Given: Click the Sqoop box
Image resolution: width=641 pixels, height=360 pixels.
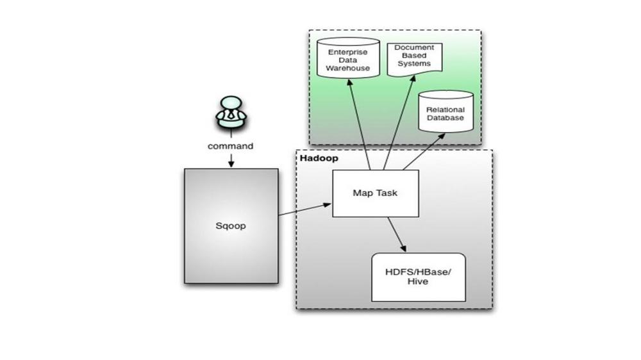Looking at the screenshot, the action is (231, 226).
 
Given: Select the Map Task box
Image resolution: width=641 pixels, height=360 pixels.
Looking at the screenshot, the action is (375, 193).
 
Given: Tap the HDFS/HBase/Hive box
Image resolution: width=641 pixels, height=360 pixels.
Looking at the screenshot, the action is (418, 277).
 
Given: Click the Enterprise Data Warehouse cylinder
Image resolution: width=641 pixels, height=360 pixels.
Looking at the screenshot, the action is (348, 58).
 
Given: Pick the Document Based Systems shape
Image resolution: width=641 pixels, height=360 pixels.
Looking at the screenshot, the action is (415, 59).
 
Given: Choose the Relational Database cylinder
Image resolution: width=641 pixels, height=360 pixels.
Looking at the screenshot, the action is (445, 111).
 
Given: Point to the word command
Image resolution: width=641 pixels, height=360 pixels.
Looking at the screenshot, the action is (230, 146).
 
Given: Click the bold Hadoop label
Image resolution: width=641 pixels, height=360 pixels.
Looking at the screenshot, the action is (319, 158).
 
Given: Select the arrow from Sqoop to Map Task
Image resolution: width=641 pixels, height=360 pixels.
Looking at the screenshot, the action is (305, 209).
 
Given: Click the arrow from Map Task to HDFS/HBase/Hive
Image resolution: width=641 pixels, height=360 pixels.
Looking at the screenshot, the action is (397, 234).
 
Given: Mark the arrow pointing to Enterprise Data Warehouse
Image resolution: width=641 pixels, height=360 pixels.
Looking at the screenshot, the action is (359, 125).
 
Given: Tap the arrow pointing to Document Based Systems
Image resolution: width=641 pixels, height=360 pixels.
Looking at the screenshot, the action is (399, 122).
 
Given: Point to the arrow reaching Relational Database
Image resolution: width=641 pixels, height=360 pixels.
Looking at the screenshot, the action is (424, 151).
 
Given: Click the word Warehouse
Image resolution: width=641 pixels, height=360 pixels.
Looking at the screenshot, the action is (348, 69).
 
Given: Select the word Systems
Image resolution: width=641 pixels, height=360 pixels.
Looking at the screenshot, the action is (414, 64).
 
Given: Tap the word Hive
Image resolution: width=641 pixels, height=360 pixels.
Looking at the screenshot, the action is (418, 282).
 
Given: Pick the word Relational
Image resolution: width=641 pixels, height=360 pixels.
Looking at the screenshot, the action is (445, 110).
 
